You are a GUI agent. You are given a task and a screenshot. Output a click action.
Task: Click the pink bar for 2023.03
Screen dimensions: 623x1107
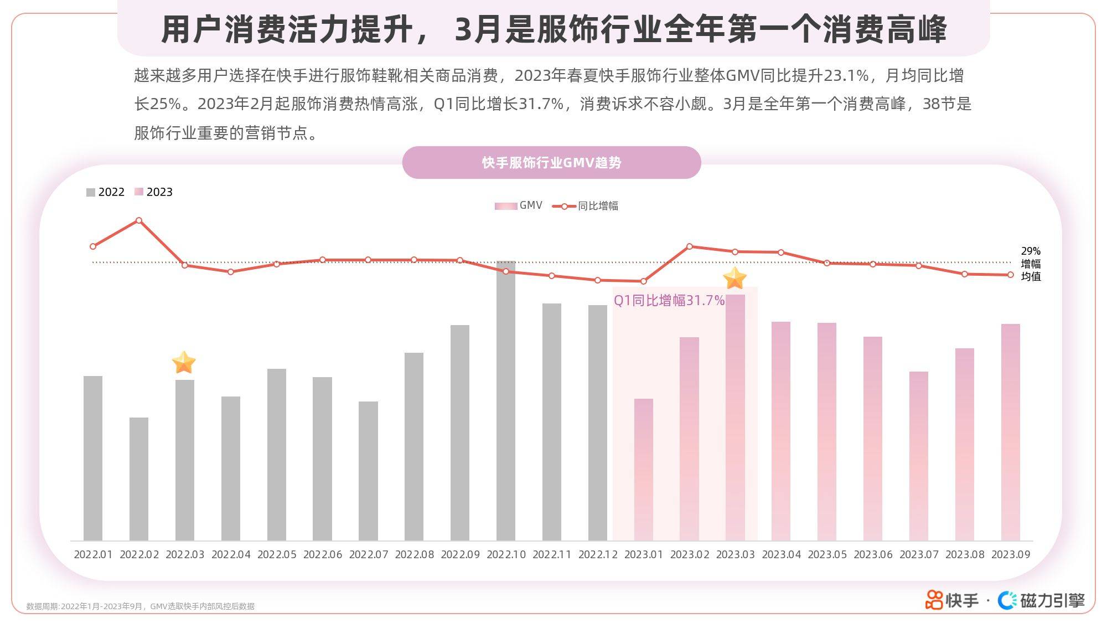pyautogui.click(x=735, y=418)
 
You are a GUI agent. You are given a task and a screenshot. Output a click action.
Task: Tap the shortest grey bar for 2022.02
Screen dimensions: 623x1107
pyautogui.click(x=139, y=478)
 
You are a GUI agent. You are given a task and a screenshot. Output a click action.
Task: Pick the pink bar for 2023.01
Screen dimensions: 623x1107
pyautogui.click(x=644, y=470)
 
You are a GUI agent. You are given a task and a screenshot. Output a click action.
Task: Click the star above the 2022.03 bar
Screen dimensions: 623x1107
pyautogui.click(x=184, y=363)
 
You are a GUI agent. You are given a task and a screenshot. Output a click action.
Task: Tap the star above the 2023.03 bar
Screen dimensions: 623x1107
pyautogui.click(x=735, y=278)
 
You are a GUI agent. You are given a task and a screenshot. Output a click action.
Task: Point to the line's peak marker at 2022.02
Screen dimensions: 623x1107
pyautogui.click(x=139, y=220)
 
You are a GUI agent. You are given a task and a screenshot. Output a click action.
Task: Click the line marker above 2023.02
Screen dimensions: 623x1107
pyautogui.click(x=690, y=246)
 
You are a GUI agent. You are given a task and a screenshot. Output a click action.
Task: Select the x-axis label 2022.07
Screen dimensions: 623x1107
pyautogui.click(x=369, y=554)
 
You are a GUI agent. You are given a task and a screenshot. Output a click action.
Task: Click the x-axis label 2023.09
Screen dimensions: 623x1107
pyautogui.click(x=1011, y=554)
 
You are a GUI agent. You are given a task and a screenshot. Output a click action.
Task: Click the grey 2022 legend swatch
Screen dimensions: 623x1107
pyautogui.click(x=91, y=192)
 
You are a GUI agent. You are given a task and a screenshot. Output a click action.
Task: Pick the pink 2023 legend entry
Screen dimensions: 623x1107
pyautogui.click(x=154, y=192)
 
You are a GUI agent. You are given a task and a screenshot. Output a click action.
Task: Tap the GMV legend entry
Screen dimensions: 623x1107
pyautogui.click(x=519, y=205)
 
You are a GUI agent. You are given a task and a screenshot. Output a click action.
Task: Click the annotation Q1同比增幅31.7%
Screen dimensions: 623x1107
pyautogui.click(x=669, y=300)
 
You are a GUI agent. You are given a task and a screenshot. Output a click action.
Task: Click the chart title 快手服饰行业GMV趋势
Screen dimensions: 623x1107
pyautogui.click(x=551, y=162)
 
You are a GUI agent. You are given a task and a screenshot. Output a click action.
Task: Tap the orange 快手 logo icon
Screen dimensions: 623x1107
pyautogui.click(x=934, y=600)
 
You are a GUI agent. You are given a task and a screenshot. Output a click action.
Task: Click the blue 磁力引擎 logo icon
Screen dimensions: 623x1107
pyautogui.click(x=1007, y=600)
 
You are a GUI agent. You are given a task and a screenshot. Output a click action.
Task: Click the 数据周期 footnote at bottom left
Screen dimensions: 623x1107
pyautogui.click(x=141, y=606)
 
